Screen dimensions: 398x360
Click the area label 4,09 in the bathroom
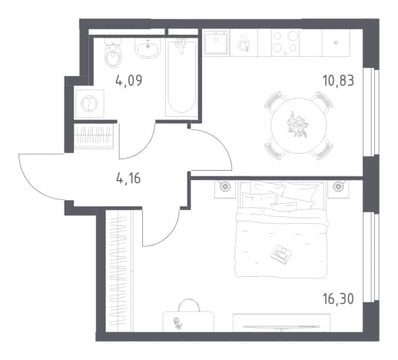[129, 81]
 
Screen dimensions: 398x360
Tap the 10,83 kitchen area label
[338, 81]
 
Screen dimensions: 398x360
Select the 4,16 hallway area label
[128, 178]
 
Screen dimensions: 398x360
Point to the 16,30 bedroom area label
[338, 298]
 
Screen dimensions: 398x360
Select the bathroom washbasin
[148, 48]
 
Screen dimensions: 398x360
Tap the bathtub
[181, 78]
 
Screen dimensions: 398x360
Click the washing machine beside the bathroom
[89, 104]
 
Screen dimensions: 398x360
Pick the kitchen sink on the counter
[217, 42]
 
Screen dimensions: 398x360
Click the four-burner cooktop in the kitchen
[284, 42]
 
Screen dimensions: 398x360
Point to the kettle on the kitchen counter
[244, 45]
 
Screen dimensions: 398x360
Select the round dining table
[298, 125]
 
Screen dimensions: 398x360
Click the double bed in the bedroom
[281, 229]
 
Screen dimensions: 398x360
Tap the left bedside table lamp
[225, 186]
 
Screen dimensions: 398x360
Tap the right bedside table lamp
[338, 186]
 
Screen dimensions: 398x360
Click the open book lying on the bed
[281, 254]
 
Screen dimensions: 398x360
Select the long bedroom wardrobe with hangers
[119, 271]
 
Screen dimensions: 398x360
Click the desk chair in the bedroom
[188, 305]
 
